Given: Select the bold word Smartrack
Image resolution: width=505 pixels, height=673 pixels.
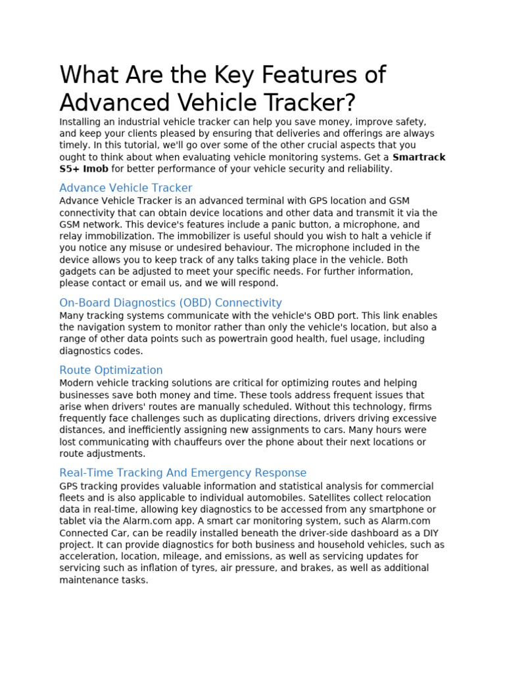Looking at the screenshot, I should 419,157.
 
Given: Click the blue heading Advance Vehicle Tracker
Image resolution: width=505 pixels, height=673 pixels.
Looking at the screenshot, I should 126,188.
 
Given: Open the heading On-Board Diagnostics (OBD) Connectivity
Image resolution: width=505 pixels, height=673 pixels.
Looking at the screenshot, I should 170,303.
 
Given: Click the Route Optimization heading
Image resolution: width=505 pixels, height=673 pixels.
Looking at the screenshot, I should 111,370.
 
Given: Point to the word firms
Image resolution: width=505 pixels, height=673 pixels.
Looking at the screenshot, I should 421,406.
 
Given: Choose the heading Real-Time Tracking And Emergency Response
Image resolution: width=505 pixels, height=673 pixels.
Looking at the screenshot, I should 183,473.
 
